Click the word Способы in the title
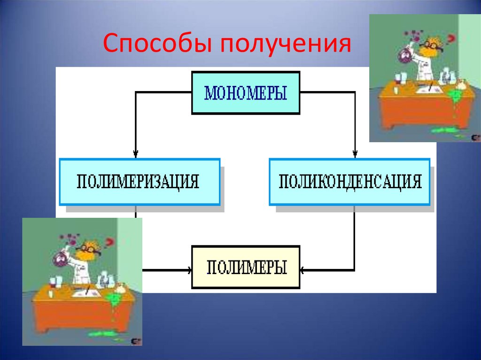click(155, 44)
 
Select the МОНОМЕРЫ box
click(246, 92)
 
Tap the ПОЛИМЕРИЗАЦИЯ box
click(140, 182)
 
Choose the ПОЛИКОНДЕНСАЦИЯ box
click(349, 182)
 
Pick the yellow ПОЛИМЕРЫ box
click(246, 267)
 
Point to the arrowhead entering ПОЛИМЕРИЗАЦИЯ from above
click(136, 153)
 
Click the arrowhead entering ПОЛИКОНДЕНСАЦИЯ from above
click(355, 153)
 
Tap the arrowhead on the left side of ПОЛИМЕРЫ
click(189, 270)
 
